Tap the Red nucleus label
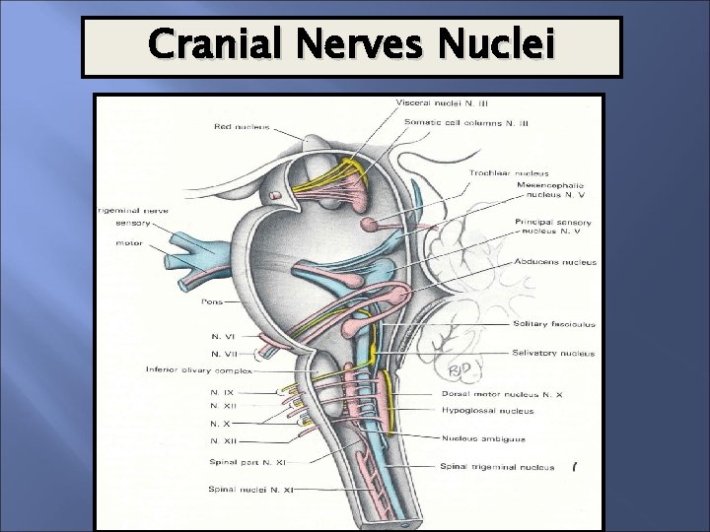(x=242, y=125)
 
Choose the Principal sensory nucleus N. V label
(x=551, y=228)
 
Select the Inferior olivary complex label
(x=198, y=371)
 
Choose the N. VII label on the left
(x=223, y=353)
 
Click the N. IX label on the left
(x=221, y=391)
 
